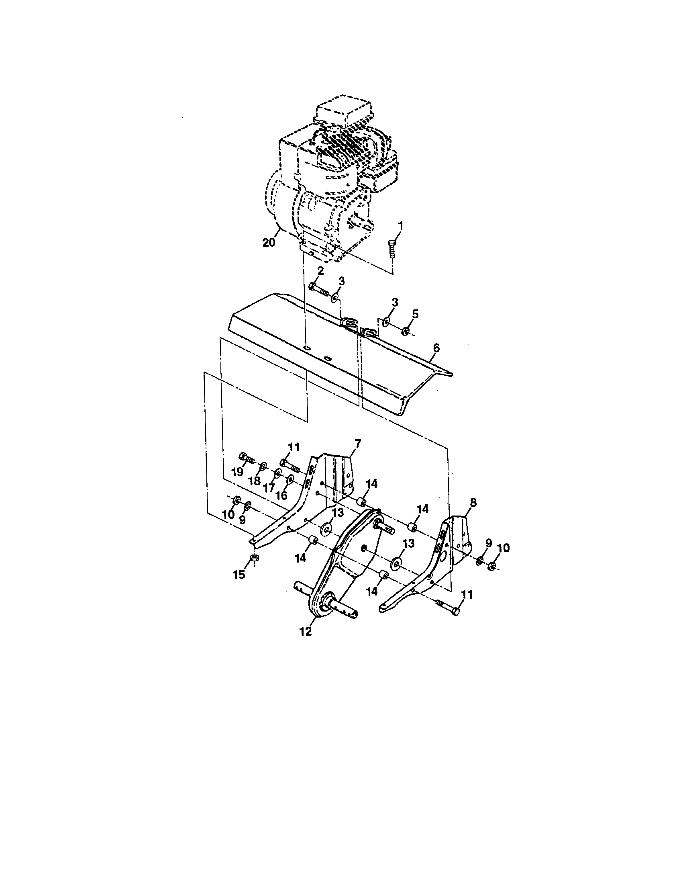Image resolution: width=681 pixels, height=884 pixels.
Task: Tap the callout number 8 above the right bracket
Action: point(473,502)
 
